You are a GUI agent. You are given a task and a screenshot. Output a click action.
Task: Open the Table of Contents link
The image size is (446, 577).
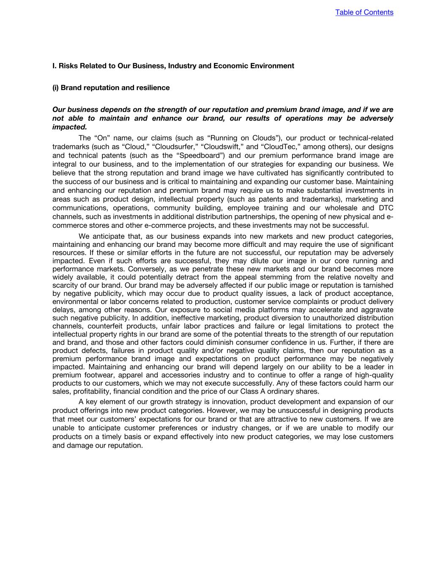pyautogui.click(x=364, y=12)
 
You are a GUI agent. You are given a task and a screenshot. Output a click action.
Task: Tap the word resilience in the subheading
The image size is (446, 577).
pyautogui.click(x=151, y=88)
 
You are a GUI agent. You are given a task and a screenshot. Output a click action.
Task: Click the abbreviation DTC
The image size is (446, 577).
pyautogui.click(x=386, y=208)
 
